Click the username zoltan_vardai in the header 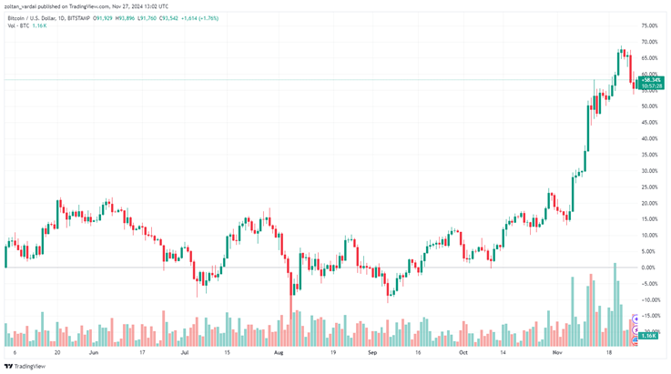click(x=25, y=5)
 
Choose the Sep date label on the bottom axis click(x=372, y=350)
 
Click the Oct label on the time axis click(x=463, y=350)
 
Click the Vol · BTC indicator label click(x=19, y=25)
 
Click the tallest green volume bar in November click(x=615, y=300)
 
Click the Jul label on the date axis click(x=185, y=350)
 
